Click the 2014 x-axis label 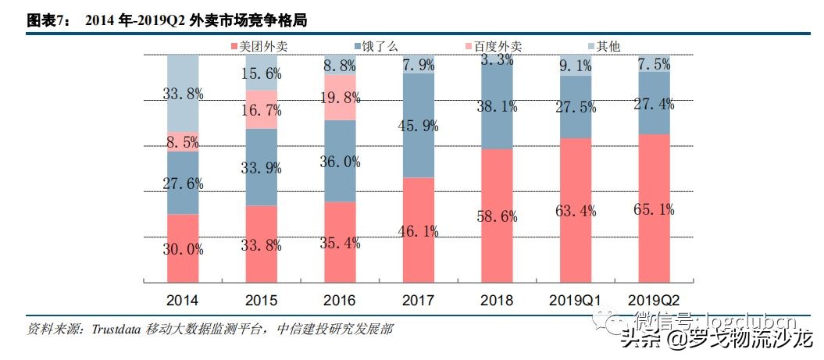pos(182,300)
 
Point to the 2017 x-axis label pos(418,300)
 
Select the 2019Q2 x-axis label pos(654,300)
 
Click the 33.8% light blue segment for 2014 pos(183,93)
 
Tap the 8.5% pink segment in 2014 pos(183,141)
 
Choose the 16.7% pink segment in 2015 pos(262,109)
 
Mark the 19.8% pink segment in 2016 pos(340,98)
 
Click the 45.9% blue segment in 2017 pos(419,125)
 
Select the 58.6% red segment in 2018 pos(497,216)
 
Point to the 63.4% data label pos(576,210)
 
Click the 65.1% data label pos(654,209)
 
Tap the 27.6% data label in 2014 pos(183,184)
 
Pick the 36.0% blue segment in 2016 pos(340,161)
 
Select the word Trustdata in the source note pos(115,329)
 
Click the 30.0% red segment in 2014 pos(183,248)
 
